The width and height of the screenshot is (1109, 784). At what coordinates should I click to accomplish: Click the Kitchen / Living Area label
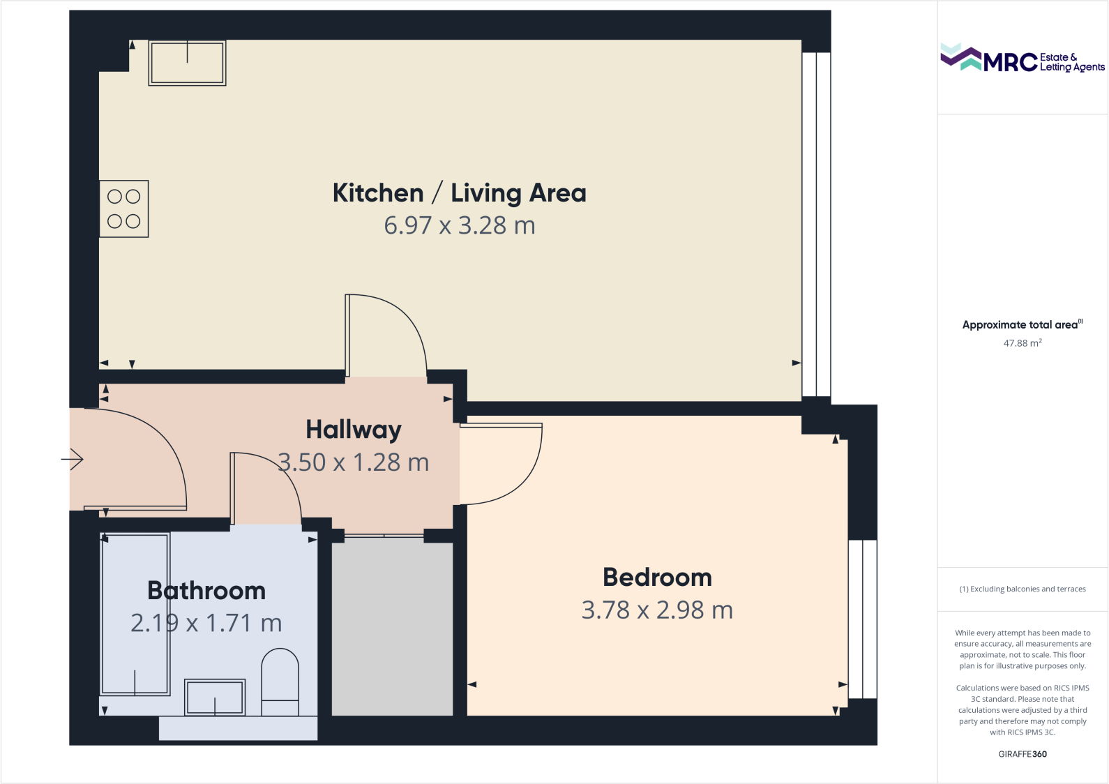(459, 193)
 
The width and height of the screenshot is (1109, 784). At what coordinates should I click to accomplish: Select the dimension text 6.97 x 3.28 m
(459, 225)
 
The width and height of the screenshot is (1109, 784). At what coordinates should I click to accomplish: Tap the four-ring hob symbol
(124, 209)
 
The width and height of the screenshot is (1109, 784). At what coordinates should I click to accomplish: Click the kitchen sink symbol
(187, 63)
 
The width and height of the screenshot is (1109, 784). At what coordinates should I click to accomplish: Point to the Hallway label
(353, 430)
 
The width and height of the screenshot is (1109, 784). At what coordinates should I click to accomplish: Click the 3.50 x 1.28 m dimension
(354, 462)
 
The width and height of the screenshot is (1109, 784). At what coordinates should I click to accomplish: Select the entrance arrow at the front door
(73, 459)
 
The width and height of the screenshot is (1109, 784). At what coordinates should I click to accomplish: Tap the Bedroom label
(657, 578)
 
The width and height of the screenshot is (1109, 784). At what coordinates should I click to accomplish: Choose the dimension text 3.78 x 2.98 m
(657, 610)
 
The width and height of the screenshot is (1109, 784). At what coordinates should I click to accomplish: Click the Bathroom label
(206, 591)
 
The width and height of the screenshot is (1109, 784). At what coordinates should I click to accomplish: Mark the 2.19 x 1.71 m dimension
(206, 623)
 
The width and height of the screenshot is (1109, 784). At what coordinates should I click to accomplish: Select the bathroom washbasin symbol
(215, 697)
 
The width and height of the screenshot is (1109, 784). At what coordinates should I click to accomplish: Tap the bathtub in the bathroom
(135, 614)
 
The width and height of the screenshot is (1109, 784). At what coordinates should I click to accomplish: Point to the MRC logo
(1022, 59)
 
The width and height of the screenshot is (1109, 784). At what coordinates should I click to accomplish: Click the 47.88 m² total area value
(1022, 343)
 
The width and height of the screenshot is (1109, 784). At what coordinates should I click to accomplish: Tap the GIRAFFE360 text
(1022, 754)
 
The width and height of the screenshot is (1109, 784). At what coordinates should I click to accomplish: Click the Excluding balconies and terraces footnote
(1022, 589)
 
